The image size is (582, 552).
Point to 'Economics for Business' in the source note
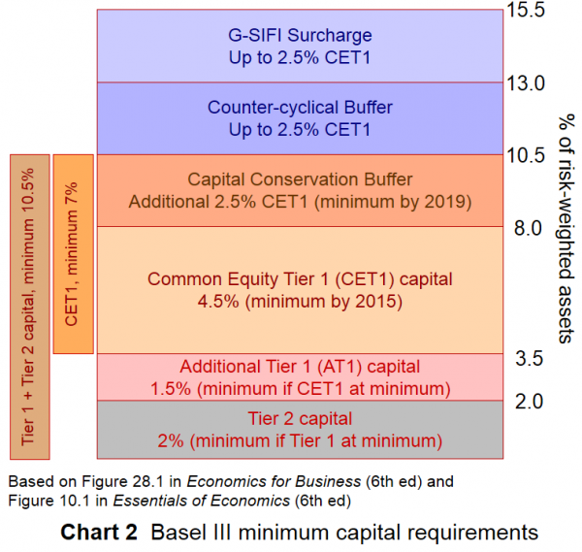[244, 480]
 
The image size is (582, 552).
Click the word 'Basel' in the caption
[178, 532]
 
